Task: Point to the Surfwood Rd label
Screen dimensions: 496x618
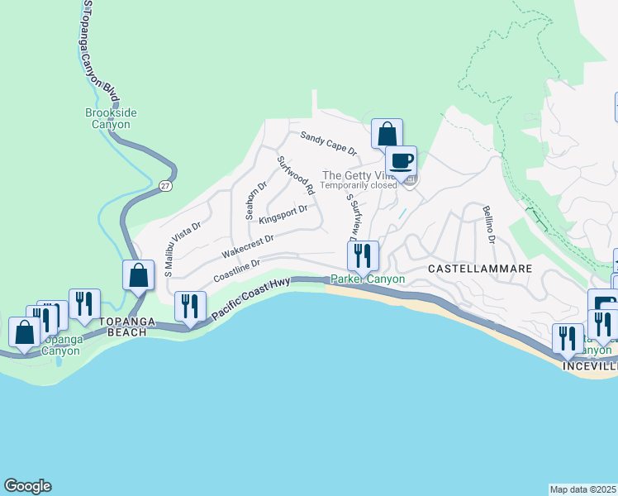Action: coord(296,175)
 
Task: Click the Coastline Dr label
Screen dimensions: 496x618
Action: coord(237,270)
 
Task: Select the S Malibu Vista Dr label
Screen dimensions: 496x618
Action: coord(183,248)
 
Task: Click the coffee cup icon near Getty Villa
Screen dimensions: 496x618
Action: coord(402,161)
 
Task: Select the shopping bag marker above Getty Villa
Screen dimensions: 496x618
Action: coord(386,134)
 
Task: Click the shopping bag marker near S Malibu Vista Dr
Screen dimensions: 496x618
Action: coord(139,275)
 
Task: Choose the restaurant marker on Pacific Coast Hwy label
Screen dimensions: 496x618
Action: coord(191,307)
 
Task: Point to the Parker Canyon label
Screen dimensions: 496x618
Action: coord(368,279)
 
